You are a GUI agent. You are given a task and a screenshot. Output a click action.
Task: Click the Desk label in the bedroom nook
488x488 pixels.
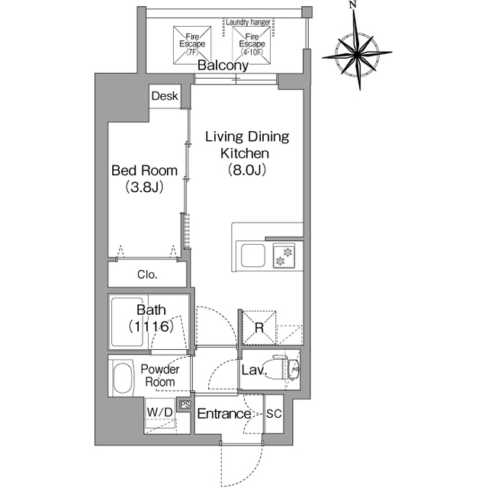click(165, 96)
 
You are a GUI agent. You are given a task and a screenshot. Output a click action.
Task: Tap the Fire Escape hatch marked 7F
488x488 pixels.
click(192, 45)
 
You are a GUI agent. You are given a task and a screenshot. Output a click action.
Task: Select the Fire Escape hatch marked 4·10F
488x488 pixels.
click(252, 45)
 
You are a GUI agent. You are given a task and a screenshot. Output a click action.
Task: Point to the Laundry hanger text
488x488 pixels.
click(248, 22)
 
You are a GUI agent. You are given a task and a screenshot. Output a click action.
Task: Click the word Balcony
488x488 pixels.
click(223, 66)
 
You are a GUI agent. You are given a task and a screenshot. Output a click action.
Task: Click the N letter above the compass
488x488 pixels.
click(352, 5)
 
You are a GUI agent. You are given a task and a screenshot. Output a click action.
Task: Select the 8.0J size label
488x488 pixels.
click(246, 170)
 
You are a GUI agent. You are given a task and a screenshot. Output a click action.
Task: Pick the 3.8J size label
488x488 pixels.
click(144, 187)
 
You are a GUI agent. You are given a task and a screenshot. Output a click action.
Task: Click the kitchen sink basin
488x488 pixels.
click(253, 255)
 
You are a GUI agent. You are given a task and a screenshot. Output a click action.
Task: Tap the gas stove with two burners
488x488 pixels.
click(284, 256)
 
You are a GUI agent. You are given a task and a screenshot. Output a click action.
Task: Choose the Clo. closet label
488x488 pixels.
click(147, 274)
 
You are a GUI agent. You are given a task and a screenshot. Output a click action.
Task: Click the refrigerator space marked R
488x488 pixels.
click(259, 327)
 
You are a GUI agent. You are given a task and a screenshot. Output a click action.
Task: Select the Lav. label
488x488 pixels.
click(254, 371)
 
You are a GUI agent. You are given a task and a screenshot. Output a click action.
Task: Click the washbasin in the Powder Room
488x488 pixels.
click(122, 378)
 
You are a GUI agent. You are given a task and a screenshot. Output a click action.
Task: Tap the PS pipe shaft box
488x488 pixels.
click(185, 405)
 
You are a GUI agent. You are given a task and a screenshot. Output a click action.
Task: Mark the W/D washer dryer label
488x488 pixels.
click(159, 413)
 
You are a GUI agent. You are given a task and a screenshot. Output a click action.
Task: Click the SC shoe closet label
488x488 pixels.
click(274, 413)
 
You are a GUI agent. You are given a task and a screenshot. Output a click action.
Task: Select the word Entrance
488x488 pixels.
click(224, 413)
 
